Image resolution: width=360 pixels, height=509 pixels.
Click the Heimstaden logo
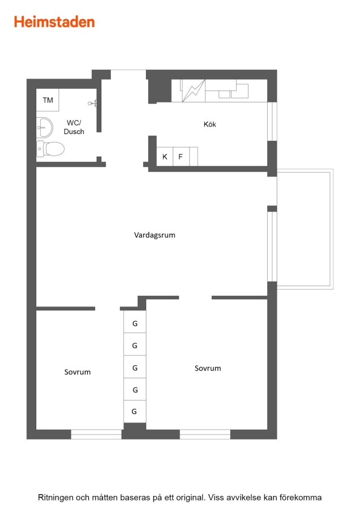tap(54, 22)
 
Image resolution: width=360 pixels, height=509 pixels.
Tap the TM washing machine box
tap(48, 100)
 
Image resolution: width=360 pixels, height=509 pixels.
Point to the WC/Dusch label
tap(74, 127)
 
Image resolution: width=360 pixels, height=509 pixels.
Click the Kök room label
tap(209, 124)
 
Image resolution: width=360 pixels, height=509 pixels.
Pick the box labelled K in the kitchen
tap(165, 157)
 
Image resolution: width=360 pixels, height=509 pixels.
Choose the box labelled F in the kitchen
tap(181, 157)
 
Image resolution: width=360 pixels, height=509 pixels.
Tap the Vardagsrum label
tap(155, 235)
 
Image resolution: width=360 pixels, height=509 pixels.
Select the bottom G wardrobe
tap(135, 411)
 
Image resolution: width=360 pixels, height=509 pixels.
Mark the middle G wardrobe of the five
tap(135, 367)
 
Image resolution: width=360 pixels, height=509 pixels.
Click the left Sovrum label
tap(78, 372)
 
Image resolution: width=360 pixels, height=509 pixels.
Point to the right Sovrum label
tap(208, 368)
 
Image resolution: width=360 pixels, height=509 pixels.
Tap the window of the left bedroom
tap(96, 434)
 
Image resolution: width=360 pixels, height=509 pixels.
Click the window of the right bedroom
tap(205, 434)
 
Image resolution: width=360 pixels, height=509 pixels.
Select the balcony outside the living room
tap(305, 229)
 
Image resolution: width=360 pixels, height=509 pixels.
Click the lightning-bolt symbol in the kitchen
tap(194, 91)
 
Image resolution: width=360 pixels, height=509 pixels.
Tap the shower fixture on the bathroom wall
tap(93, 103)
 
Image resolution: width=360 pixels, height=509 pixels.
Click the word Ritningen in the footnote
tap(55, 498)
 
